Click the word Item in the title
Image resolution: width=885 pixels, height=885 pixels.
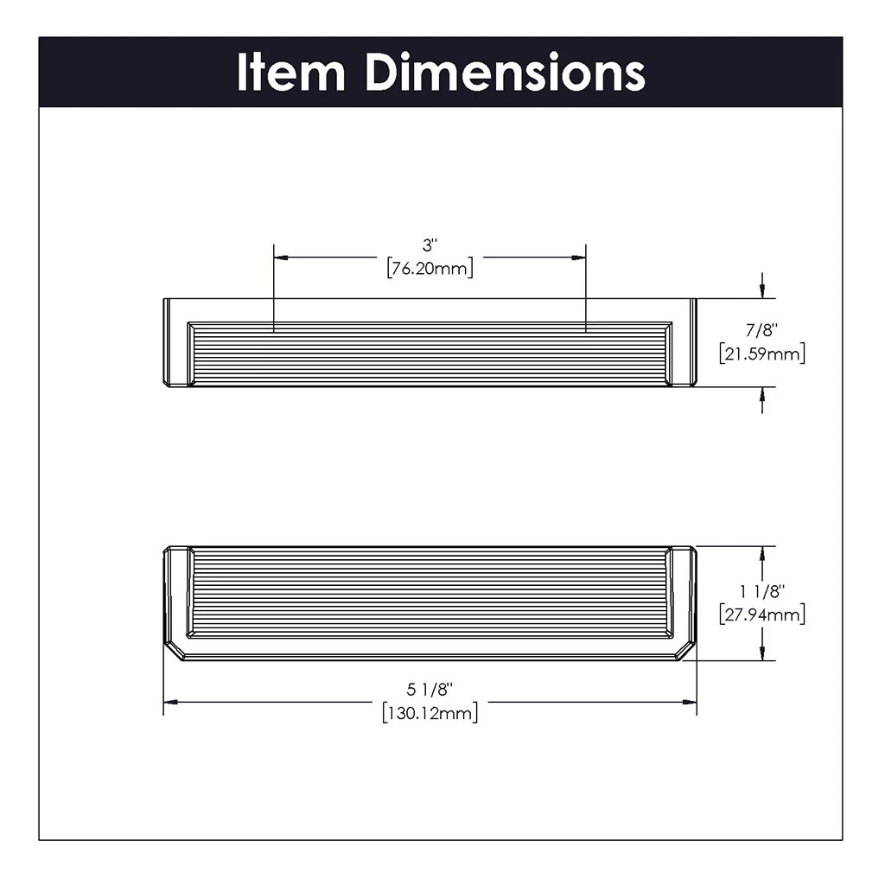pyautogui.click(x=290, y=73)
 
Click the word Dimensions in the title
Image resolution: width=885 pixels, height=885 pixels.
pyautogui.click(x=505, y=73)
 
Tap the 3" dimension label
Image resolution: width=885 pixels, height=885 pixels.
pyautogui.click(x=430, y=245)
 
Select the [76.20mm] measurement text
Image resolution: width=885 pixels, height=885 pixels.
pyautogui.click(x=430, y=269)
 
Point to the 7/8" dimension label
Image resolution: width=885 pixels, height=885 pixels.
pyautogui.click(x=761, y=330)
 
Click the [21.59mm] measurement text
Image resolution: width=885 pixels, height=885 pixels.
pyautogui.click(x=761, y=353)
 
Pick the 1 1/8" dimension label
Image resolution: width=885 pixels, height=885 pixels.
pyautogui.click(x=761, y=592)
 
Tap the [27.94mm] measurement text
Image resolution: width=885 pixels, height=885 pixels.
pyautogui.click(x=761, y=614)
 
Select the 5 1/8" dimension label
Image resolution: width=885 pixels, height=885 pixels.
pyautogui.click(x=430, y=690)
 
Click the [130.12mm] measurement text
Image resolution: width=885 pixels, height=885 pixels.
pyautogui.click(x=430, y=713)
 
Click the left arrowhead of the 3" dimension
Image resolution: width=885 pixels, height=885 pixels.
pyautogui.click(x=280, y=257)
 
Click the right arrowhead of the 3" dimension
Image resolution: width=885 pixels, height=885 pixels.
pyautogui.click(x=579, y=257)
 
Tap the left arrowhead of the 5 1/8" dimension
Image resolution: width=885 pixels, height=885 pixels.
pyautogui.click(x=171, y=702)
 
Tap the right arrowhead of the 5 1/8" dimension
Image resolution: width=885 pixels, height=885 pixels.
pyautogui.click(x=690, y=702)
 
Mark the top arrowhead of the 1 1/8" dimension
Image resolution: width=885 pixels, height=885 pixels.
pyautogui.click(x=761, y=553)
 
